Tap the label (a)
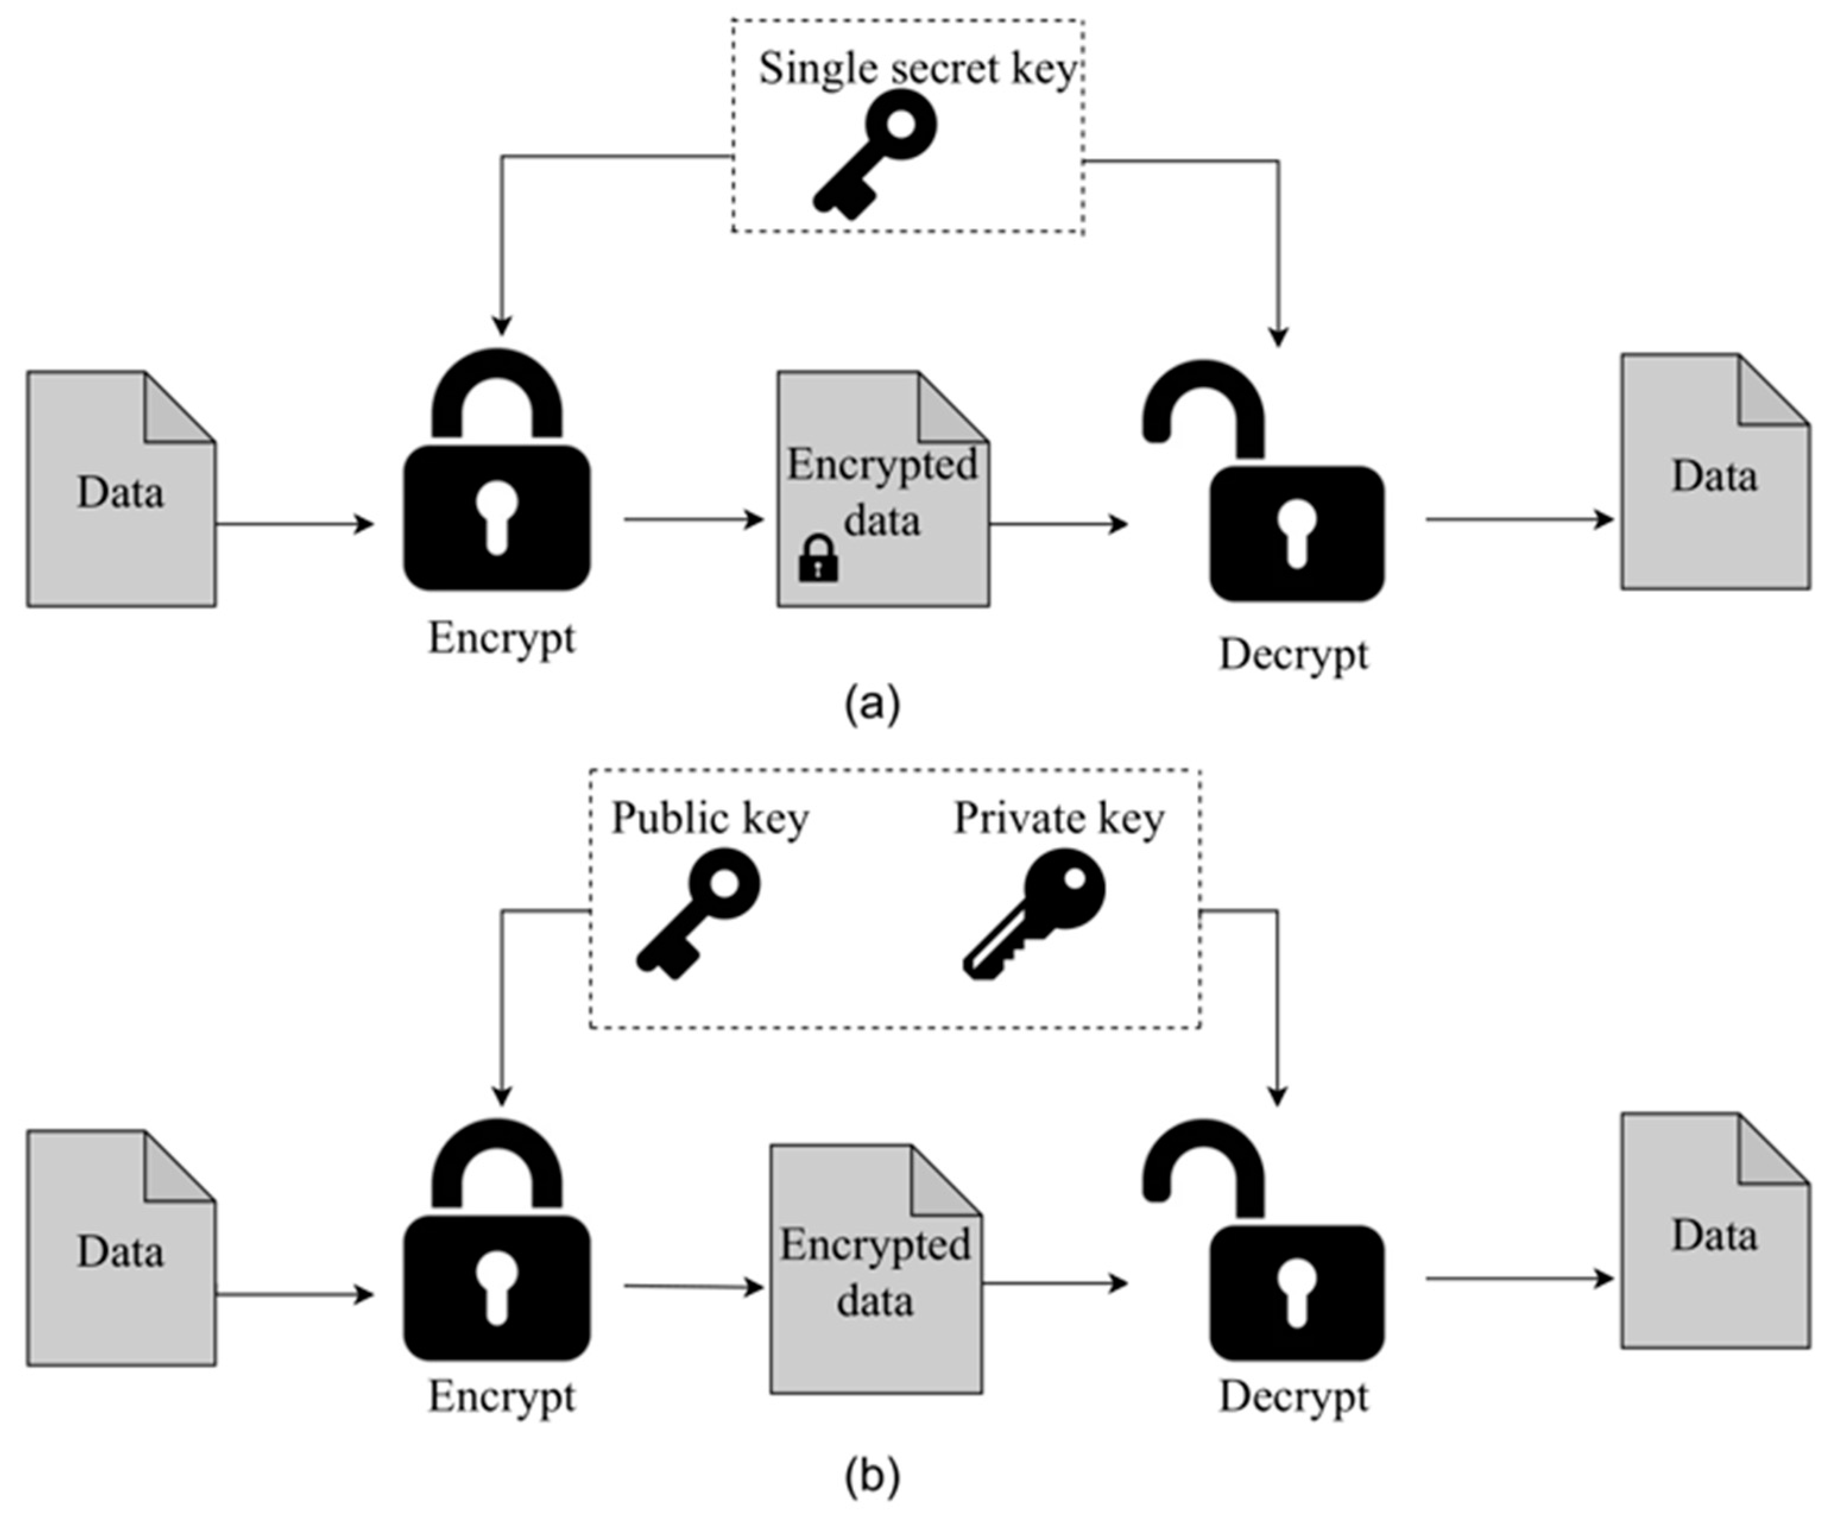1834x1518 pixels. pyautogui.click(x=872, y=703)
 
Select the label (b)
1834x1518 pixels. pyautogui.click(x=872, y=1476)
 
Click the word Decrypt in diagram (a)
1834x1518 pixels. pyautogui.click(x=1293, y=655)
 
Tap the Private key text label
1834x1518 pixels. pyautogui.click(x=1059, y=818)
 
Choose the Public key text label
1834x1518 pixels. pyautogui.click(x=709, y=818)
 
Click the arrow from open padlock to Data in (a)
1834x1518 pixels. pyautogui.click(x=1520, y=520)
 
